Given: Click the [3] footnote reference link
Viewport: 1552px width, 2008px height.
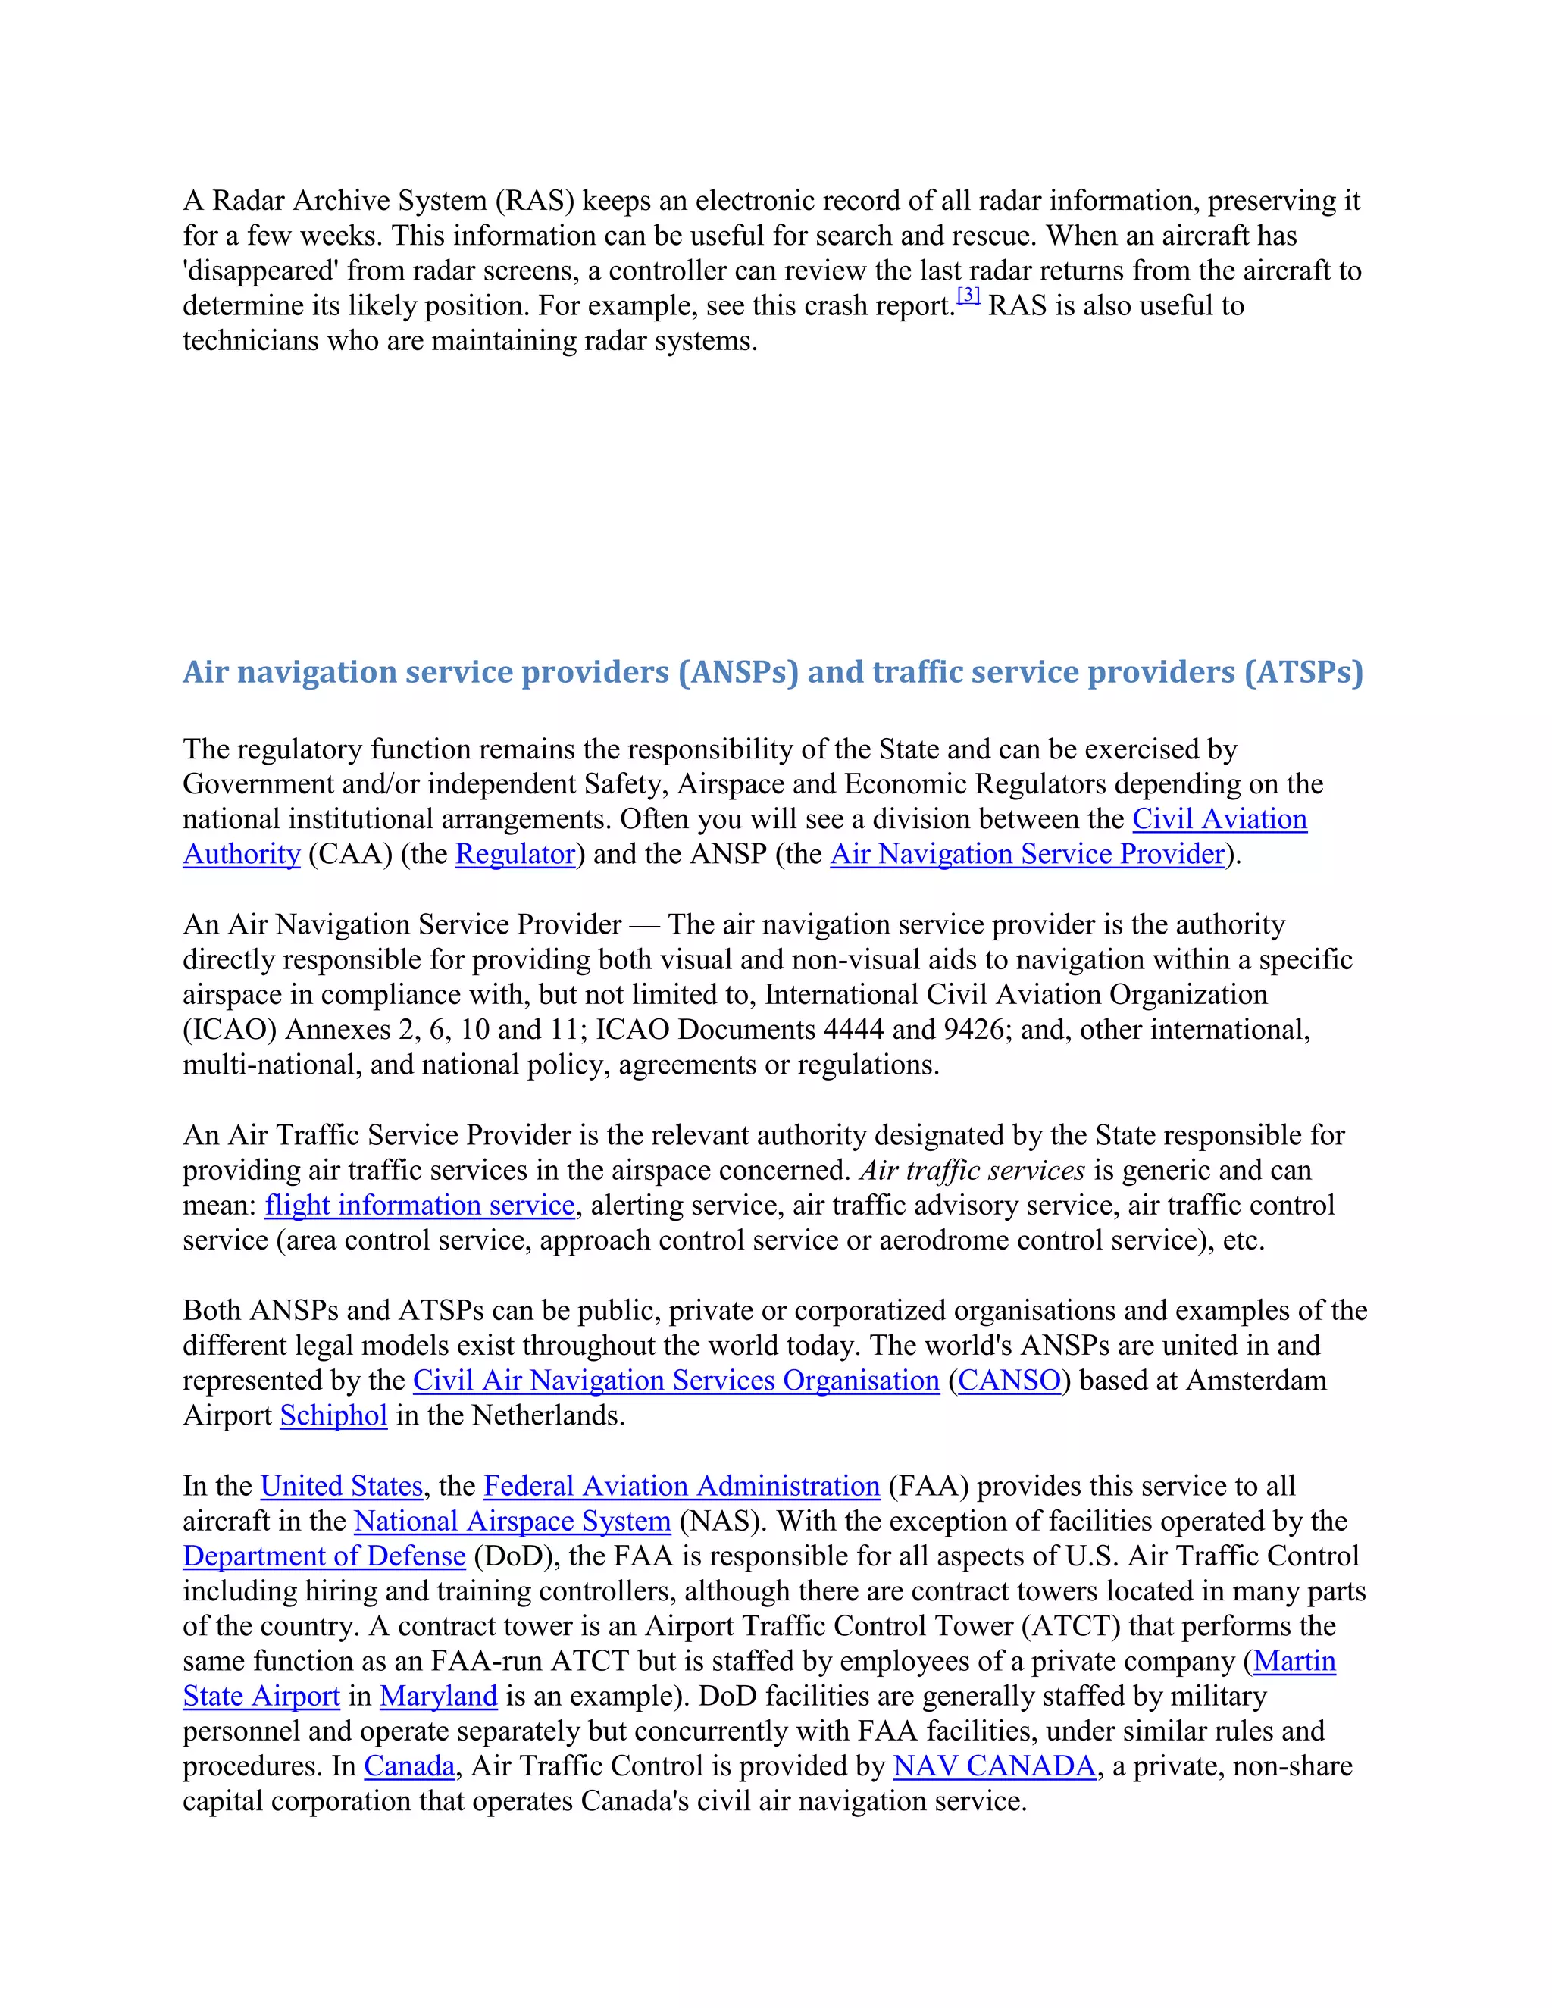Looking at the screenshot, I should click(968, 296).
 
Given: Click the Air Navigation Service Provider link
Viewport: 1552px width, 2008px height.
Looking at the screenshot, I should click(1027, 854).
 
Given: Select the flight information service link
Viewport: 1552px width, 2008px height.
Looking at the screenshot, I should click(419, 1206).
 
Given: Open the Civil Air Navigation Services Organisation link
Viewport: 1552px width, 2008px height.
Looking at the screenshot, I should click(676, 1381).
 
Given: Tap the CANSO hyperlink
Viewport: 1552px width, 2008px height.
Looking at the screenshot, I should click(1009, 1381).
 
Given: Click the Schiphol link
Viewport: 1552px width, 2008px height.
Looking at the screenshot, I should click(333, 1416).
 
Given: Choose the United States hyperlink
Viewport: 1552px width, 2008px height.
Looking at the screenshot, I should click(341, 1487).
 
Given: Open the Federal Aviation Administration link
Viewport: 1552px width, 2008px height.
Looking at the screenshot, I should click(681, 1487).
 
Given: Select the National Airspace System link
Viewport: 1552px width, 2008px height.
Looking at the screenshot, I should click(512, 1522).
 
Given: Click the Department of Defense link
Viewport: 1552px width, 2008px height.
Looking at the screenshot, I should click(324, 1556).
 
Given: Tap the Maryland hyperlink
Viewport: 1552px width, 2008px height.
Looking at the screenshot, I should click(438, 1697).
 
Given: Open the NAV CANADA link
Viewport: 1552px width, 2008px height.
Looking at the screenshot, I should click(994, 1766).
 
